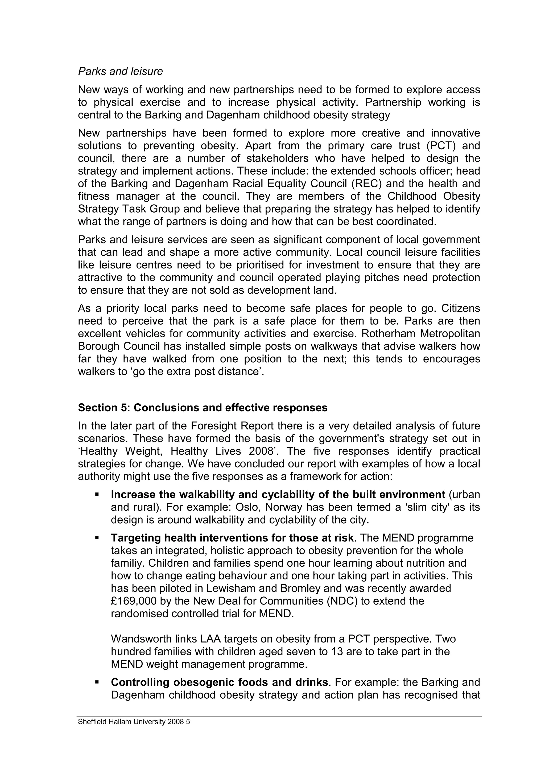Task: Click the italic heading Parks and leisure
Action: point(120,72)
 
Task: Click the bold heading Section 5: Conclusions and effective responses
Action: point(203,408)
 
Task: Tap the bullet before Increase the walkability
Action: point(97,494)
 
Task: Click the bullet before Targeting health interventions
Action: point(97,538)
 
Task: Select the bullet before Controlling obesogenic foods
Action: point(97,682)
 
